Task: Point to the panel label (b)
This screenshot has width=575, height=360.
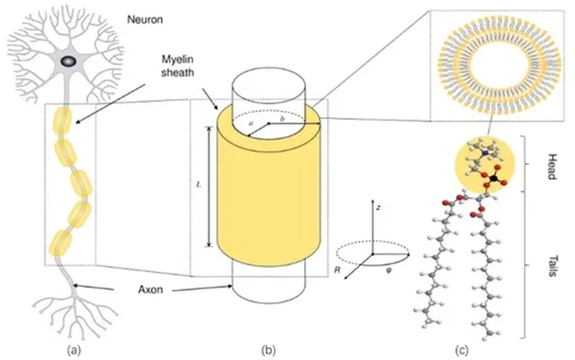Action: pyautogui.click(x=269, y=350)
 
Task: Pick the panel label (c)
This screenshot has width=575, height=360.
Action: pyautogui.click(x=461, y=350)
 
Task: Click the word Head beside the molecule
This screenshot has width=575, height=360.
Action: pyautogui.click(x=549, y=165)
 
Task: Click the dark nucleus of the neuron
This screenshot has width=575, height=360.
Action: pyautogui.click(x=68, y=61)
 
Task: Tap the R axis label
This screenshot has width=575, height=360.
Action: pyautogui.click(x=337, y=269)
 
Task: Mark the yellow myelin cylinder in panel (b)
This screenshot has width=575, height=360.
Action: pyautogui.click(x=269, y=196)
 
